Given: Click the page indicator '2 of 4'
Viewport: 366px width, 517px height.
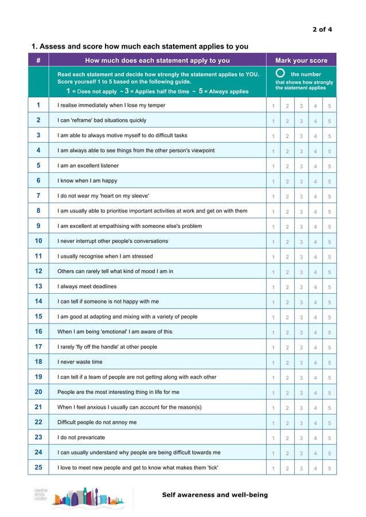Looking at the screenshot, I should click(x=322, y=29).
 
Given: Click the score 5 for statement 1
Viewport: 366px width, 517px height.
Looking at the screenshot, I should click(x=329, y=106).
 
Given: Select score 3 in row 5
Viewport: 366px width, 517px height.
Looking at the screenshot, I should click(x=301, y=167).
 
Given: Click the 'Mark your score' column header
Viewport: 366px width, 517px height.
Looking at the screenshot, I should click(x=301, y=61).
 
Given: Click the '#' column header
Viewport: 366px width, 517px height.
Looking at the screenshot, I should click(x=38, y=61).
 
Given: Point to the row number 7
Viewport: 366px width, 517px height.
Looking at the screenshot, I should click(x=38, y=196).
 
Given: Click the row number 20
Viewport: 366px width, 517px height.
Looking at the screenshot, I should click(x=38, y=392).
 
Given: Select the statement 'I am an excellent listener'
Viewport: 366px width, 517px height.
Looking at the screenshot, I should click(x=88, y=166).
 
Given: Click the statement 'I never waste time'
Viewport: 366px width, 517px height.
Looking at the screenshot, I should click(x=80, y=362).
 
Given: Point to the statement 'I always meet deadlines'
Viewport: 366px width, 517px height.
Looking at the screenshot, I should click(x=87, y=286).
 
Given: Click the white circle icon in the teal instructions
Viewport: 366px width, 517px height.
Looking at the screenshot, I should click(x=280, y=74).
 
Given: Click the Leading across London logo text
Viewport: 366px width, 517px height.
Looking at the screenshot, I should click(x=41, y=495).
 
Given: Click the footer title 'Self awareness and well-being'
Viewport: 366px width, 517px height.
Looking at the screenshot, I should click(x=215, y=495).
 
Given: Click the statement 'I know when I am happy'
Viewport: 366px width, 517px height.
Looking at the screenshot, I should click(x=87, y=181).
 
